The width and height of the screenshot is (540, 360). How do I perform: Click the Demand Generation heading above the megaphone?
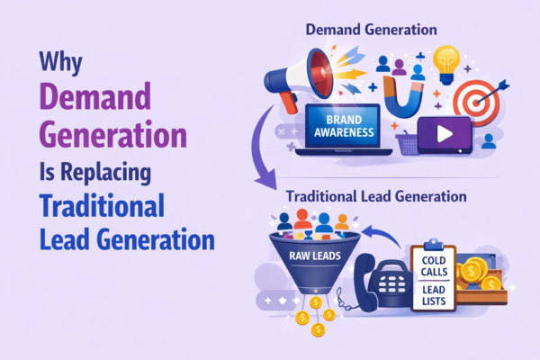coord(372,30)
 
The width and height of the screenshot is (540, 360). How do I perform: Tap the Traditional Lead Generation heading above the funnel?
coord(376,195)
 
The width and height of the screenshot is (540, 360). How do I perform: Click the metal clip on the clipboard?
coord(432,242)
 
